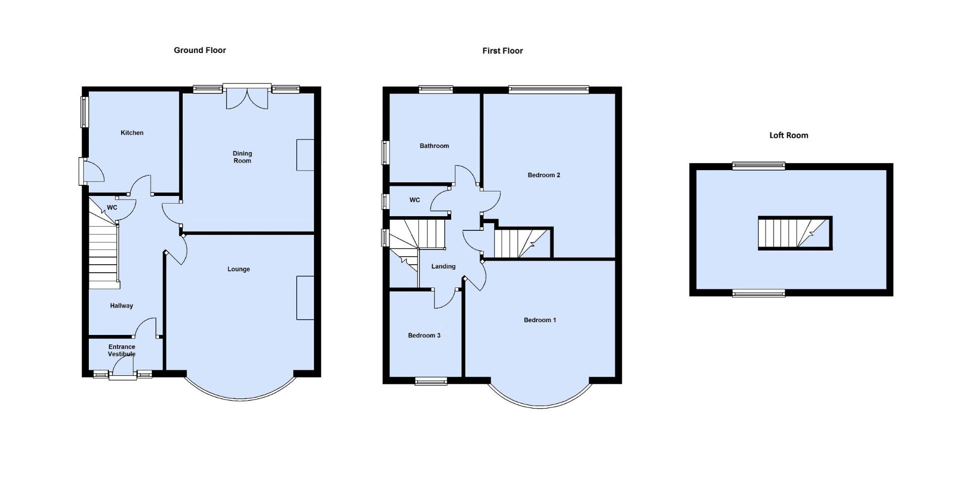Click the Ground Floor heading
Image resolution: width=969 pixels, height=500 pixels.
click(x=200, y=50)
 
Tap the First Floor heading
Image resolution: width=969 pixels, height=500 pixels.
click(x=502, y=51)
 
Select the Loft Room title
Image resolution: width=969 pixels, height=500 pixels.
click(x=788, y=135)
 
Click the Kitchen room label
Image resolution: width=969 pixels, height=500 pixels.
click(x=132, y=133)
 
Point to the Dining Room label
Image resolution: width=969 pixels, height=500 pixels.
click(x=242, y=157)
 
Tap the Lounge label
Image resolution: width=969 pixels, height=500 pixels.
click(x=238, y=269)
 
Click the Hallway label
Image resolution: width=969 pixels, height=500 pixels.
click(x=122, y=306)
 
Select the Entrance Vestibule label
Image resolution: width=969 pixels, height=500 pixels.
click(x=122, y=351)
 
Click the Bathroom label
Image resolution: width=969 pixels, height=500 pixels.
click(x=434, y=146)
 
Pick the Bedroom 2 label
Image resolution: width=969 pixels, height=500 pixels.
click(x=544, y=175)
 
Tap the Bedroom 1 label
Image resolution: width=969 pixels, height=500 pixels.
click(x=540, y=320)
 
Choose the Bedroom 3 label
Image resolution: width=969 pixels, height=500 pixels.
click(x=424, y=335)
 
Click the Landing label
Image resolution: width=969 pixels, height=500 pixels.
click(x=443, y=267)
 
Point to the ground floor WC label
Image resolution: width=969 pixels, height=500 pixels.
click(x=112, y=208)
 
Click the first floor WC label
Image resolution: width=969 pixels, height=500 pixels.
click(x=414, y=200)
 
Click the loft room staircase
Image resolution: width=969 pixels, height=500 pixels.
click(x=795, y=233)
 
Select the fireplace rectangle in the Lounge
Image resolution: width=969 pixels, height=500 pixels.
click(x=305, y=297)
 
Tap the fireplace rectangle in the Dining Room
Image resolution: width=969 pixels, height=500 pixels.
click(x=305, y=155)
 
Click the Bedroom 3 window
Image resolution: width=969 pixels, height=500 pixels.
click(x=430, y=381)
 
